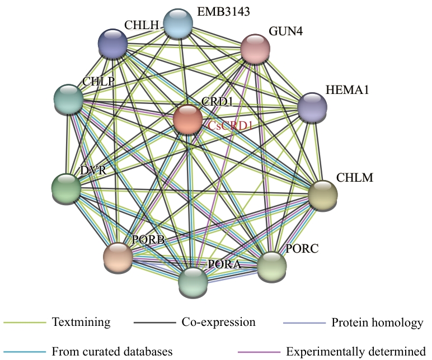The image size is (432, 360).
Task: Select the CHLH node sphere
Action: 113,43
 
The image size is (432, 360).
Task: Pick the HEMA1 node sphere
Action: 312,106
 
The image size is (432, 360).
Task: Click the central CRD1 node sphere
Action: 187,119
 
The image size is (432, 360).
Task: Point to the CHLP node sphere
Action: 68,99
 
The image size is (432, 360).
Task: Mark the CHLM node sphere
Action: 323,195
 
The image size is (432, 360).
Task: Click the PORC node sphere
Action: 271,266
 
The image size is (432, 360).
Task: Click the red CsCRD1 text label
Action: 231,126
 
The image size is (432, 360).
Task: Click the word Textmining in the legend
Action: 81,323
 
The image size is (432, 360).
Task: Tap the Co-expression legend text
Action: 218,323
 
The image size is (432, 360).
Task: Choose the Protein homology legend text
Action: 377,323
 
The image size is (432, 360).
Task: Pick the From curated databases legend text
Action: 112,352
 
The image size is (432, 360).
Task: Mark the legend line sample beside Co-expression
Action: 155,323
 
